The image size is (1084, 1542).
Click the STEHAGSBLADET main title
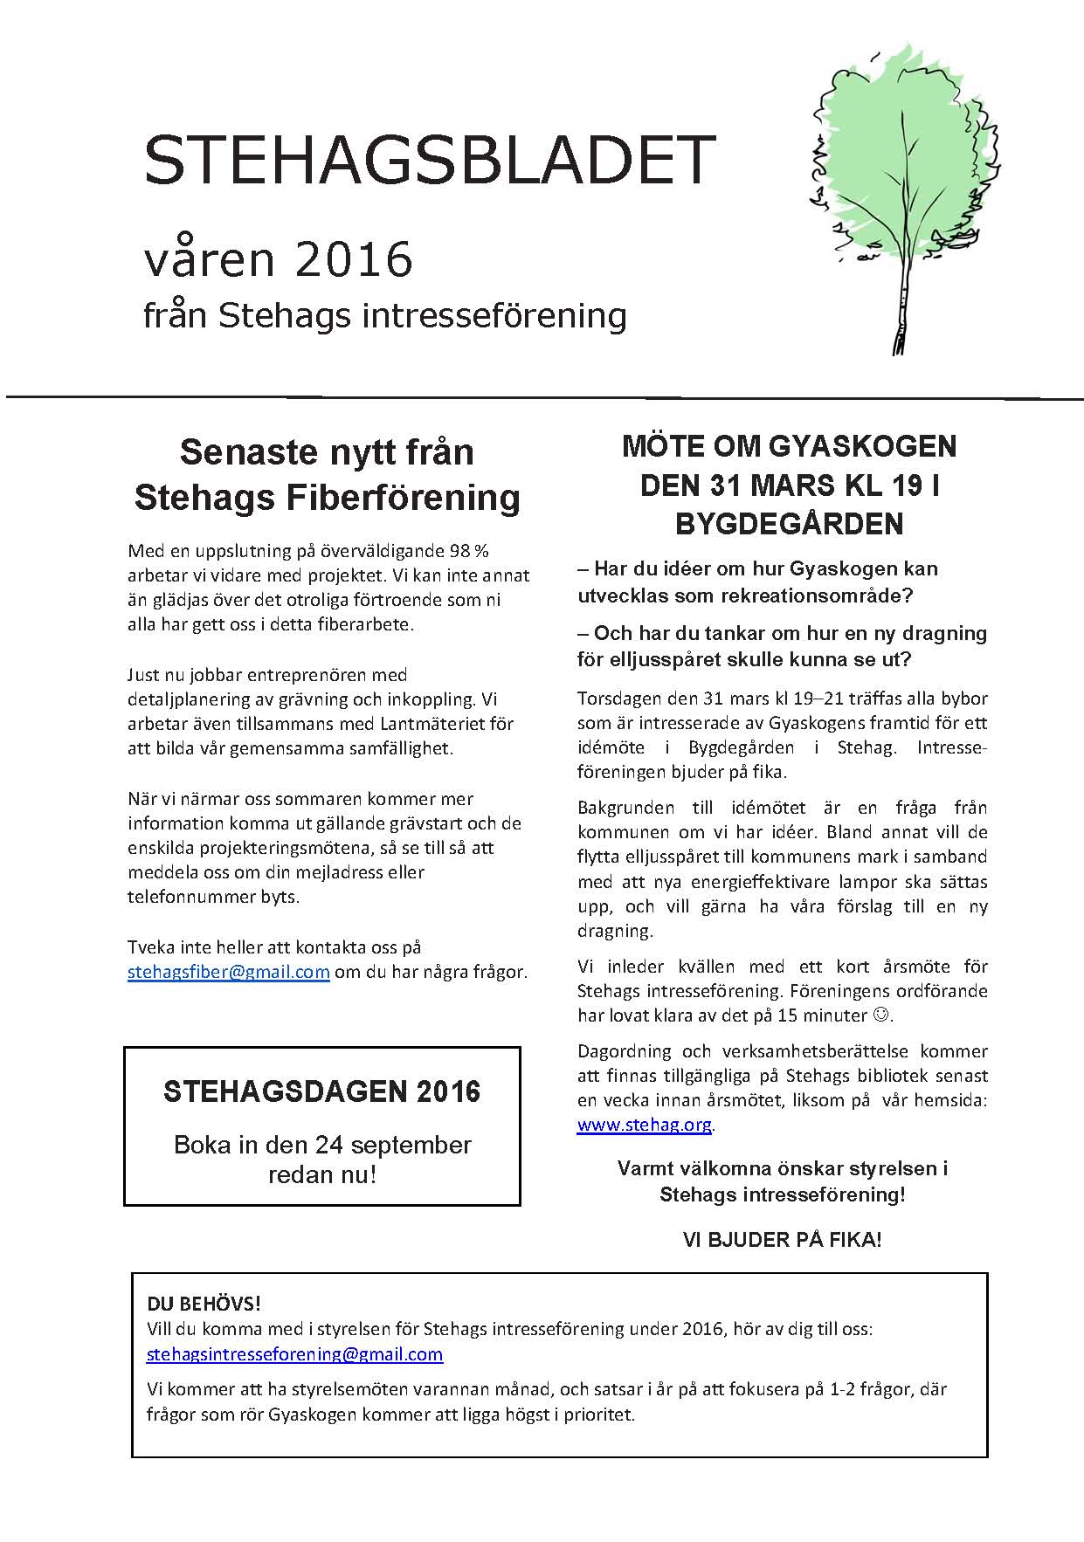430,160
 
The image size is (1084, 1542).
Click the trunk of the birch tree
901,314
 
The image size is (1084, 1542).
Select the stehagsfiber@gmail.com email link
228,972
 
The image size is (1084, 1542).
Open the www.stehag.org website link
645,1125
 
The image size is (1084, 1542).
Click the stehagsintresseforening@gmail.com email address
294,1354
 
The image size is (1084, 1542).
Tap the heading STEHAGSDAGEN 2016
321,1091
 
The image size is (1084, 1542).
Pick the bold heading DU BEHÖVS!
204,1305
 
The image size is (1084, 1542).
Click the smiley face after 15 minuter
881,1015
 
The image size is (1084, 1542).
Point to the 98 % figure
469,551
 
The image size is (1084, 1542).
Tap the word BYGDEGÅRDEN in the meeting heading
789,523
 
